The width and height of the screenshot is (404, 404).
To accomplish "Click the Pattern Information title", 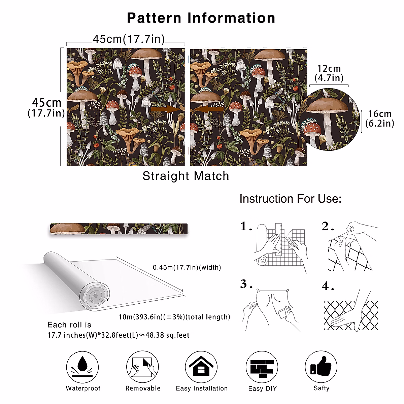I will click(201, 18).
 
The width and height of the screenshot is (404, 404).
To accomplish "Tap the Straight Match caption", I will click(186, 176).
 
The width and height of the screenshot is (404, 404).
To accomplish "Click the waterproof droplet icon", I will click(82, 367).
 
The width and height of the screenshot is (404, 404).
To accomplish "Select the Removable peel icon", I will click(143, 367).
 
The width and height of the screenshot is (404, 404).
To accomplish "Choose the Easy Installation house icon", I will click(201, 367).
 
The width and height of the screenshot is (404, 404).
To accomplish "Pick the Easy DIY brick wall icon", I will click(262, 367).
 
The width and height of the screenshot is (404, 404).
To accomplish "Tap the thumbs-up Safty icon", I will click(321, 367).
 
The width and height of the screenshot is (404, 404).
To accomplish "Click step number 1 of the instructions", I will click(246, 227).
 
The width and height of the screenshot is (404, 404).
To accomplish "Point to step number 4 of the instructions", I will click(328, 287).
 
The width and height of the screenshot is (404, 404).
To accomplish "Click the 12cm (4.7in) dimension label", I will click(329, 73).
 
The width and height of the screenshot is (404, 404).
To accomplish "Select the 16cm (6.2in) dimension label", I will click(379, 119).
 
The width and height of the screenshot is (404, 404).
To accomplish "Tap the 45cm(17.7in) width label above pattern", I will click(129, 39).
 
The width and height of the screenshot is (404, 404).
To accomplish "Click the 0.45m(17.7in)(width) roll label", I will click(187, 268).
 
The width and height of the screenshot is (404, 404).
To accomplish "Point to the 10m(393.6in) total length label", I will click(174, 317).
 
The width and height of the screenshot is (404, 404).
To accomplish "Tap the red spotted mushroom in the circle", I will click(311, 128).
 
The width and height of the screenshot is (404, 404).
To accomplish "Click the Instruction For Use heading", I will click(290, 199).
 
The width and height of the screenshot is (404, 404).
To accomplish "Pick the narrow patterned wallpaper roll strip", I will click(119, 229).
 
